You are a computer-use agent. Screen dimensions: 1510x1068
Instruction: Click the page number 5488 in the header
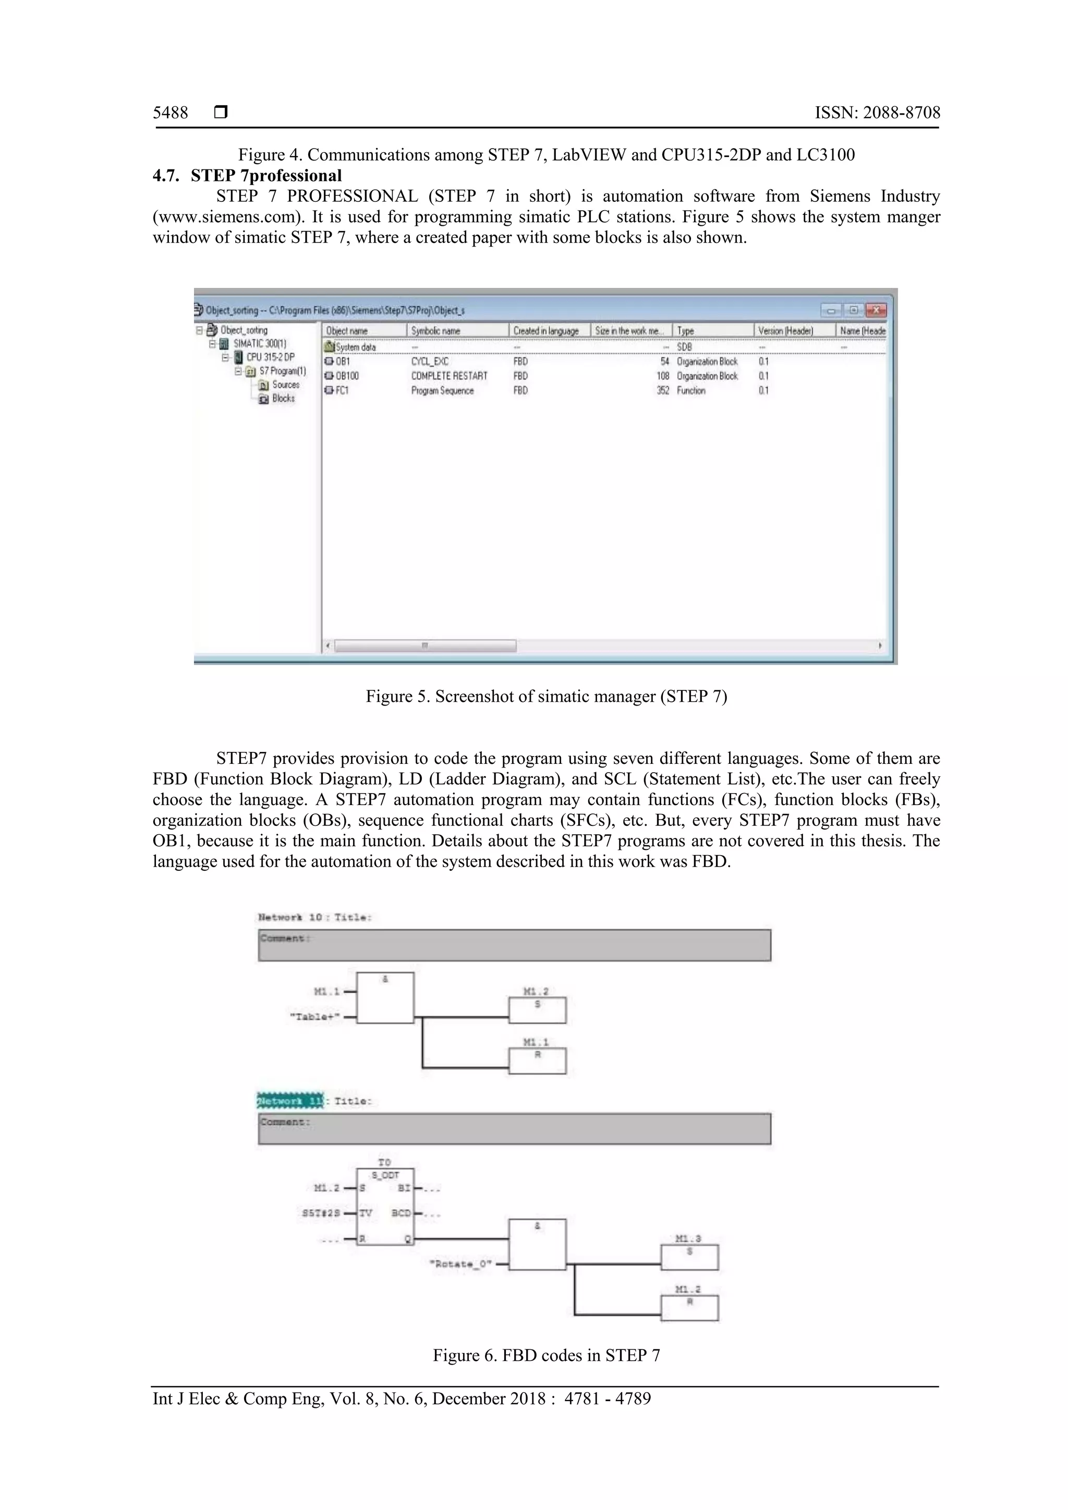click(x=171, y=113)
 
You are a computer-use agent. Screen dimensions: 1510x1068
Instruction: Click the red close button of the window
click(x=876, y=310)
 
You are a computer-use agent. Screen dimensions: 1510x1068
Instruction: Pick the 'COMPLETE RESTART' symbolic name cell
click(x=449, y=375)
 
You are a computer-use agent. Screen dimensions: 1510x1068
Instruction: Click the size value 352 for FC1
click(x=662, y=390)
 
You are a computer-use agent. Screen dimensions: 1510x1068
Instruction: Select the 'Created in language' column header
click(x=546, y=331)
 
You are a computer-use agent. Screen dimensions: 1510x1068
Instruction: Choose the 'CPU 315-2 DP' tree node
click(x=270, y=357)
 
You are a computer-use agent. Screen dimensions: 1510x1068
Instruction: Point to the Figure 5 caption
click(x=546, y=697)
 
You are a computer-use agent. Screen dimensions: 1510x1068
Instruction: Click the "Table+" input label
click(x=315, y=1017)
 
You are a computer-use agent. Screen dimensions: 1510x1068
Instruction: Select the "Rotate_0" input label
click(x=460, y=1264)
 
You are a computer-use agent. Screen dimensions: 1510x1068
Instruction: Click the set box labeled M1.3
click(x=689, y=1257)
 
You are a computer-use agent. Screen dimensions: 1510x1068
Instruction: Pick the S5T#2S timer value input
click(x=321, y=1213)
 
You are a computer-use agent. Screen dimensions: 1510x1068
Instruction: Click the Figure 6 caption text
click(x=546, y=1356)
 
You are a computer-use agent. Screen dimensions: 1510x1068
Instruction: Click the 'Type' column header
click(x=685, y=331)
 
